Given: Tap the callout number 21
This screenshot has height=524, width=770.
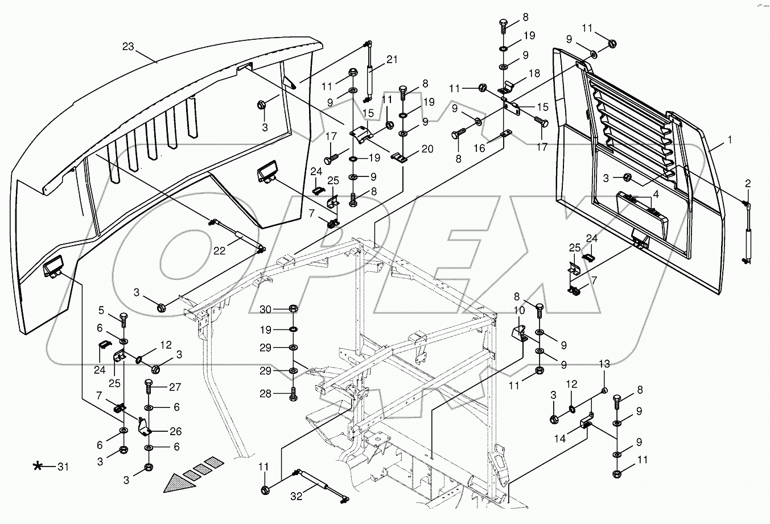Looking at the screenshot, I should click(392, 60).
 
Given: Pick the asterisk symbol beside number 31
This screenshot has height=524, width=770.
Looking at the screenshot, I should click(38, 467).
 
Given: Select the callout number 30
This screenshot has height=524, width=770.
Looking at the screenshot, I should click(266, 309).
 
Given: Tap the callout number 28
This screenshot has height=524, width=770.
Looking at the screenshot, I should click(266, 393).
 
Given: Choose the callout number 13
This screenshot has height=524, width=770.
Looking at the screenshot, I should click(604, 379).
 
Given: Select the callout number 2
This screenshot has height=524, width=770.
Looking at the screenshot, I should click(748, 183).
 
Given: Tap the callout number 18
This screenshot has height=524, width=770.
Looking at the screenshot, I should click(534, 73).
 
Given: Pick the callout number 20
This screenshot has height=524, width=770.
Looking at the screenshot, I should click(427, 149).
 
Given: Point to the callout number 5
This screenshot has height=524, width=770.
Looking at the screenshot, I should click(101, 310).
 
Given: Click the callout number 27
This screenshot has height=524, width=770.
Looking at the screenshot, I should click(174, 387).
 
